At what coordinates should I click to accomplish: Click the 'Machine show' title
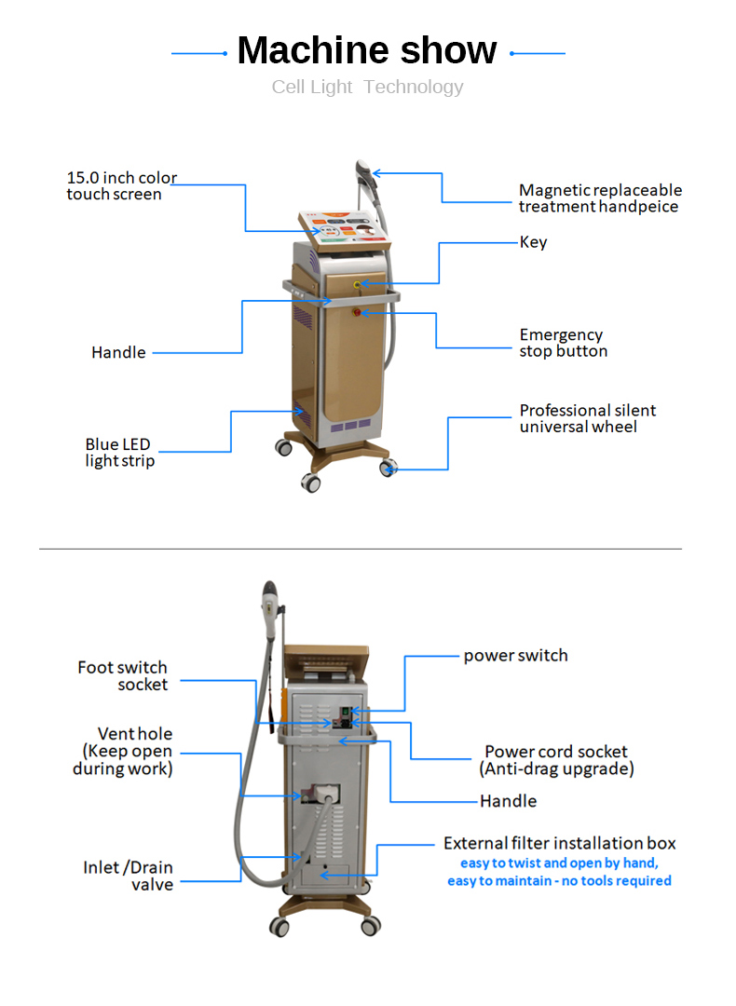click(367, 50)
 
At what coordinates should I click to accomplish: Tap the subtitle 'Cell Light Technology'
click(367, 88)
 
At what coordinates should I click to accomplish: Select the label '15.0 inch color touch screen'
click(121, 185)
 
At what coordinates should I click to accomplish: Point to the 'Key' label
click(533, 242)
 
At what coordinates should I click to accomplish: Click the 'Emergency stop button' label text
click(563, 343)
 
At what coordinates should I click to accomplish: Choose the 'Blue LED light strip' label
click(119, 453)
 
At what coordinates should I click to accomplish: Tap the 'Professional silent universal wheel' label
click(587, 418)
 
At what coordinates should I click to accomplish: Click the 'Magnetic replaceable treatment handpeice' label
click(599, 198)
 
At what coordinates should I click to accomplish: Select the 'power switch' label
click(515, 656)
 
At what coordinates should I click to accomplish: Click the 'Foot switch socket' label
click(123, 675)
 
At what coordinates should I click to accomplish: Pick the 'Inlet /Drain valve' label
click(128, 876)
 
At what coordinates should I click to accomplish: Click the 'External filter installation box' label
click(559, 844)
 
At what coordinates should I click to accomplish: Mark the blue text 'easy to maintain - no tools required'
click(559, 880)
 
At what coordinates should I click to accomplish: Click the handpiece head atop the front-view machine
click(363, 170)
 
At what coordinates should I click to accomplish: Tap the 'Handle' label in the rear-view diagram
click(508, 801)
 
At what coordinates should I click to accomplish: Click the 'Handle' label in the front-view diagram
click(118, 352)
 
